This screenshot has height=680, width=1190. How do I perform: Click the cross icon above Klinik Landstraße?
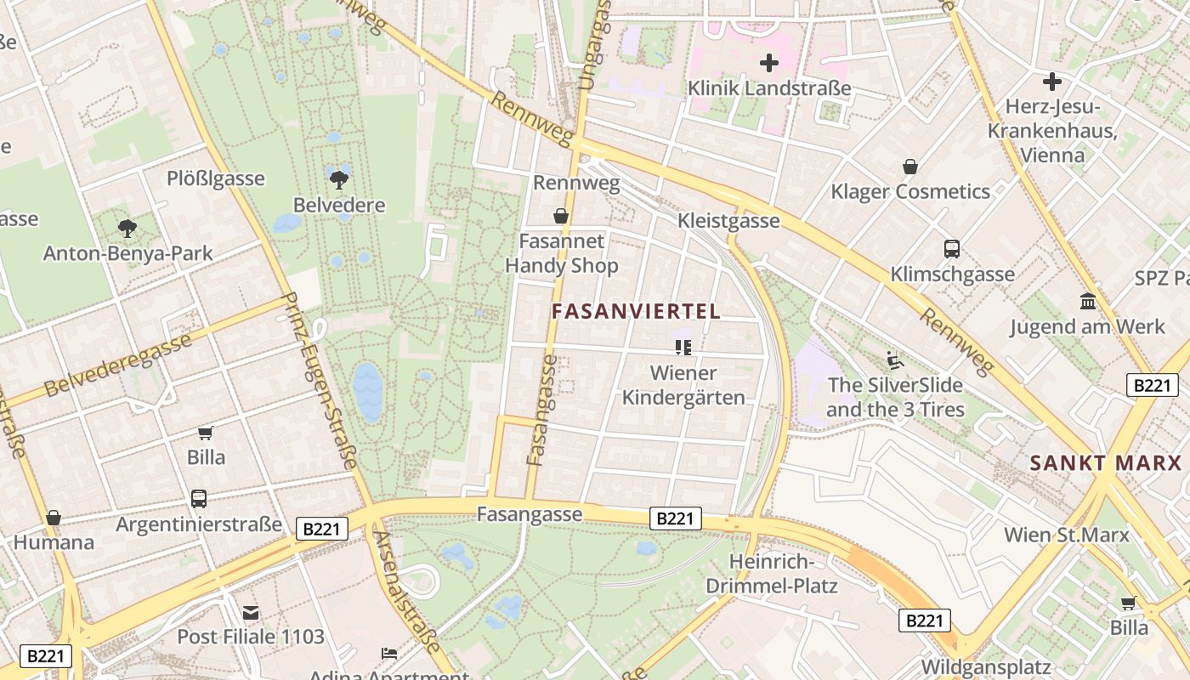[x=769, y=62]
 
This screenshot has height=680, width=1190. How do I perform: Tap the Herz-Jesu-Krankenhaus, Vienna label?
[x=1052, y=131]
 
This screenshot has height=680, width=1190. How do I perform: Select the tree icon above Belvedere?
[x=339, y=179]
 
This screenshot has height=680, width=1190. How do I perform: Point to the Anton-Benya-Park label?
[x=127, y=253]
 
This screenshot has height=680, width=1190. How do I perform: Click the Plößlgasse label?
[x=216, y=178]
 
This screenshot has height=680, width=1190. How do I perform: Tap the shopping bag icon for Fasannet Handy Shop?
[x=561, y=216]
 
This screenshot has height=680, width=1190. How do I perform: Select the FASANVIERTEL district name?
[x=636, y=311]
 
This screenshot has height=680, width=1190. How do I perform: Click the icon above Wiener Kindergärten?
[x=683, y=347]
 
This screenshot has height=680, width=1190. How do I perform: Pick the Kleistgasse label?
[x=728, y=221]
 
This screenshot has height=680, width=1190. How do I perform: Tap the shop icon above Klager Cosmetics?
[x=910, y=167]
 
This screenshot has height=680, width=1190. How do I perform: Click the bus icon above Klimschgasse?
[x=952, y=249]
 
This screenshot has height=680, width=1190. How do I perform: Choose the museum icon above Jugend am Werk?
[x=1087, y=301]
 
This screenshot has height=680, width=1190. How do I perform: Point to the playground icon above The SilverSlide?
[x=893, y=360]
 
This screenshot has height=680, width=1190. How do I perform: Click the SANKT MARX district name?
[x=1106, y=463]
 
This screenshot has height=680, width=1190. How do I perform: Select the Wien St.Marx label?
[x=1067, y=535]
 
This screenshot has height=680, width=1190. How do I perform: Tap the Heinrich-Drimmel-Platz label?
[x=772, y=574]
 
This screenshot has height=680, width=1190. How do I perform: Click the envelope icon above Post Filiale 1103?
[x=251, y=612]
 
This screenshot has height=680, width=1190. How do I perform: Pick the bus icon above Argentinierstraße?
[x=199, y=499]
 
